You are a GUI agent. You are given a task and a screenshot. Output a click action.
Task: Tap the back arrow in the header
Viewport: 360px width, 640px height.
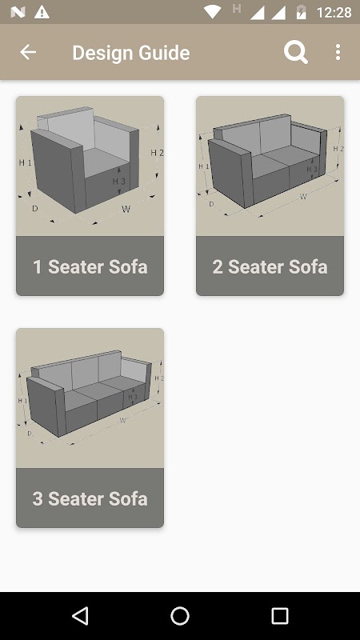(x=28, y=52)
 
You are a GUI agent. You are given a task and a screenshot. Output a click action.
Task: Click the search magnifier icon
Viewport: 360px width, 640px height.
(x=296, y=53)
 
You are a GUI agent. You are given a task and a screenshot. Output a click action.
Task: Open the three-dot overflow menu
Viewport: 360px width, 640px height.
(x=338, y=53)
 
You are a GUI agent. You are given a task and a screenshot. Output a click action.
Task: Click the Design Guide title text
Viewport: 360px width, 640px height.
(x=131, y=53)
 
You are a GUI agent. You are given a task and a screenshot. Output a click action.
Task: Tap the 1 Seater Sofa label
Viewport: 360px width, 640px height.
(x=90, y=266)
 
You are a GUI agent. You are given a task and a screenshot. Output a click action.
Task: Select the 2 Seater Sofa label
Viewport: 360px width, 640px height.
(x=270, y=266)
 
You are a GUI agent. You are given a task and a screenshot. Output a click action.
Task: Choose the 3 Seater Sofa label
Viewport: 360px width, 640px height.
(x=90, y=498)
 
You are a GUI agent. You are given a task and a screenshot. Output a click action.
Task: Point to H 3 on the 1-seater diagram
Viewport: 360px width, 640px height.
(x=118, y=182)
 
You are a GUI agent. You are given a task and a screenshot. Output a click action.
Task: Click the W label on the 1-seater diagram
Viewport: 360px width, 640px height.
(x=126, y=210)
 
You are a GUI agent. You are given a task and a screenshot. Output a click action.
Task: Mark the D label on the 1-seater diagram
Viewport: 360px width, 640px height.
(x=34, y=209)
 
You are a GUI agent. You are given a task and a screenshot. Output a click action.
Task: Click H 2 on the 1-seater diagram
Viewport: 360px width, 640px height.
(x=157, y=153)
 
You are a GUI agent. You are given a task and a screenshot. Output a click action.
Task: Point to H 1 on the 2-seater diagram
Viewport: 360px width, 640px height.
(x=204, y=166)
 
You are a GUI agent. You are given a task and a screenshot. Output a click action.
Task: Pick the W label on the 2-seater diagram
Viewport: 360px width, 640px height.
(x=303, y=197)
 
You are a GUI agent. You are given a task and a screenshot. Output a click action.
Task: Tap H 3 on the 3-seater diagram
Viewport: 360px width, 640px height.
(x=133, y=396)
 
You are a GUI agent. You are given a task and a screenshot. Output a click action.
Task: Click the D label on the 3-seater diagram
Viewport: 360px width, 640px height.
(x=30, y=434)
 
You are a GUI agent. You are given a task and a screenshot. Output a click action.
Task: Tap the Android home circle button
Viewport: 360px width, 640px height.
(x=180, y=616)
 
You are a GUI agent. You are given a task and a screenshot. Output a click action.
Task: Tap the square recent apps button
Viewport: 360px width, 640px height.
(x=280, y=616)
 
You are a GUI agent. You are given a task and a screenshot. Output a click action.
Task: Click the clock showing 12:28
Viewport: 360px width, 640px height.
(x=334, y=13)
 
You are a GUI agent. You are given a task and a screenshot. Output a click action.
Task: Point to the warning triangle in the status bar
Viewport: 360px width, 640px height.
(x=42, y=13)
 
